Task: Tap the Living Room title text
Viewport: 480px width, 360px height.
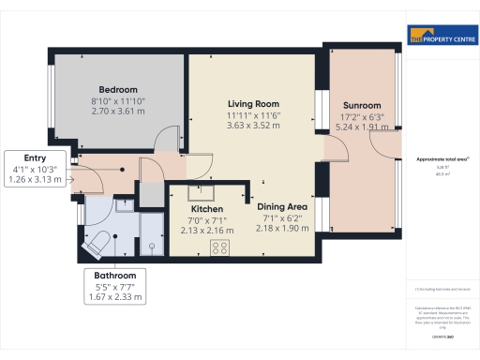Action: [255, 103]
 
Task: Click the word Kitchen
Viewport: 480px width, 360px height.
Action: [205, 208]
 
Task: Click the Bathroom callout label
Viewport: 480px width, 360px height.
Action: [116, 276]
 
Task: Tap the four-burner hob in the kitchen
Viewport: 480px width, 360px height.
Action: [222, 247]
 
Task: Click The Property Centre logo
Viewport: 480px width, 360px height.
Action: [441, 37]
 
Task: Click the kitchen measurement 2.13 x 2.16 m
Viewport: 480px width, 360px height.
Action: [205, 230]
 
